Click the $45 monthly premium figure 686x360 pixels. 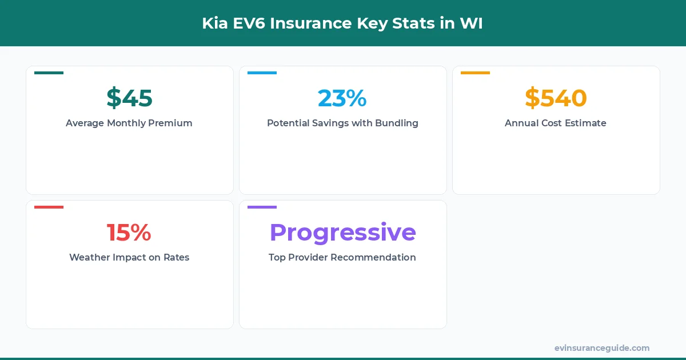coord(129,98)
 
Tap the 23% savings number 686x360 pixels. coord(342,98)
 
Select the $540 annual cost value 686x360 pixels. coord(556,98)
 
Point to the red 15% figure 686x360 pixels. coord(129,233)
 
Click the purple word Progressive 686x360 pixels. coord(342,233)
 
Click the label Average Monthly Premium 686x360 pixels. coord(129,123)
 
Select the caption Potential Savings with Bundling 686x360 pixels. coord(342,123)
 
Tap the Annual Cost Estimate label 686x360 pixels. coord(556,123)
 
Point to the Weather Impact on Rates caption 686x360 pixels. coord(129,257)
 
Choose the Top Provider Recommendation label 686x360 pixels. coord(342,257)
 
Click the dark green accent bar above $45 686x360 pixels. coord(49,73)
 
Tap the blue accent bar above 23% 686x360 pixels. coord(262,73)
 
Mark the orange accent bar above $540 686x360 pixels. coord(475,73)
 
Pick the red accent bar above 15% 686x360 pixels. coord(49,207)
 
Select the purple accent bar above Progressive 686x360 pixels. coord(262,207)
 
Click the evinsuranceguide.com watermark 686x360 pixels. coord(602,348)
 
